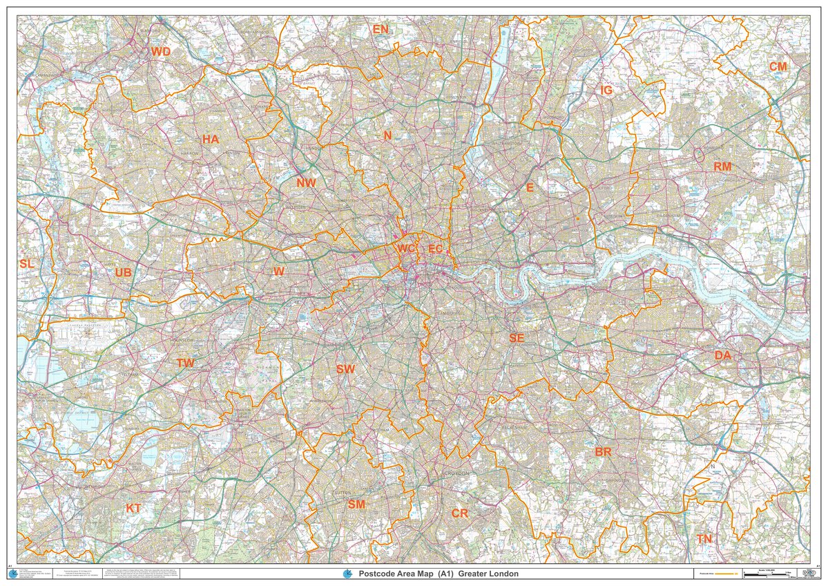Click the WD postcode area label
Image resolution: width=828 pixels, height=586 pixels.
161,52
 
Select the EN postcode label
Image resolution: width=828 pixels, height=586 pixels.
381,29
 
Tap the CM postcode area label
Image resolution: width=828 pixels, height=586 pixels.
778,66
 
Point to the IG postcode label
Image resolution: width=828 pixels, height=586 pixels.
607,91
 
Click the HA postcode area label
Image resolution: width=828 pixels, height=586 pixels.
211,139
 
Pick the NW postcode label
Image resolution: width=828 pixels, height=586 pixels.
306,183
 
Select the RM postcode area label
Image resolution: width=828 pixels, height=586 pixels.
722,167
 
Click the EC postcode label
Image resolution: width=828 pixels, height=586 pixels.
436,248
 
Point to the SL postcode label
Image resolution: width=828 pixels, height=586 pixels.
27,264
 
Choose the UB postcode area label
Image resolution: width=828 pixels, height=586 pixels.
123,273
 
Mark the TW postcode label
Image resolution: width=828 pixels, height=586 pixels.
185,363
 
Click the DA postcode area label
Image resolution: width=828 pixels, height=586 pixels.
723,355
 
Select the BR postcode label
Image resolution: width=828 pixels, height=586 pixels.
603,452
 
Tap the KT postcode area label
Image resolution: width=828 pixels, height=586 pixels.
133,509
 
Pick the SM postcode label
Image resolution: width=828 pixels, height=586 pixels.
356,504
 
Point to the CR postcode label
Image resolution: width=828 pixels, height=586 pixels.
460,513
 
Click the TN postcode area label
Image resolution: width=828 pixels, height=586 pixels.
704,538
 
